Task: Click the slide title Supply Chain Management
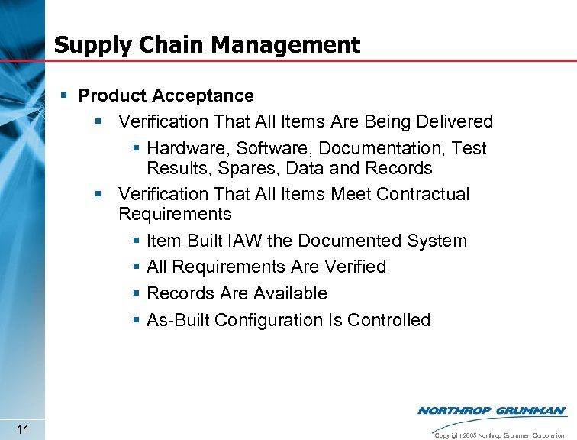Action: point(207,44)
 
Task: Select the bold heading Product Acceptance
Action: point(166,95)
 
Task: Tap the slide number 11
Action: point(22,430)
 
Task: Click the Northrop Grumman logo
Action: point(492,411)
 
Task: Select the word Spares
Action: point(245,168)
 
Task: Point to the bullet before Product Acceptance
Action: point(65,95)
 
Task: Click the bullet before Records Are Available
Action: point(135,293)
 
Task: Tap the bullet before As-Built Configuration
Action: point(135,320)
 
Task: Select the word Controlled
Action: point(388,320)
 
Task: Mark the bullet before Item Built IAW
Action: point(135,241)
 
